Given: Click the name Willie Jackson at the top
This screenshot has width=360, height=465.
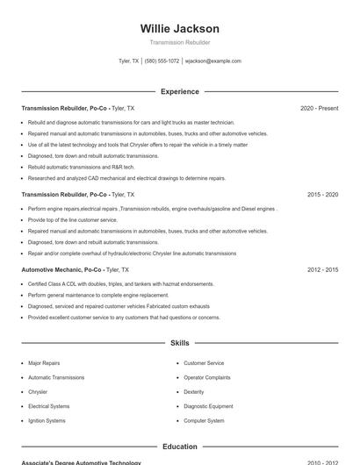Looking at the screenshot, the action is (179, 29).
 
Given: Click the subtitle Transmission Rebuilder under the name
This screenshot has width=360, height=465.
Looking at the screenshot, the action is (179, 42).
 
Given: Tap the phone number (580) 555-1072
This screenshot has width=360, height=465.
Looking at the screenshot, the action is (162, 61).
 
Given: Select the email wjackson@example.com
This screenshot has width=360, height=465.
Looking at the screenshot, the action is (212, 61).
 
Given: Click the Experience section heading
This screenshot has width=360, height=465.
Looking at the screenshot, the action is (179, 91).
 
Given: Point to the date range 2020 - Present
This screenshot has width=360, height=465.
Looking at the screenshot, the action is (319, 108).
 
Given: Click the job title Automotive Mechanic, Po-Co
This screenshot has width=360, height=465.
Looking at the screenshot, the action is (64, 270).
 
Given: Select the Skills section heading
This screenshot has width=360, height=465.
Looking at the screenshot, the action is (179, 343).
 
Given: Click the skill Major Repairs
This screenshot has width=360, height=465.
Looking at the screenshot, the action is (44, 362).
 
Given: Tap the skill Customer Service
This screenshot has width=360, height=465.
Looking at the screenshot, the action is (204, 362).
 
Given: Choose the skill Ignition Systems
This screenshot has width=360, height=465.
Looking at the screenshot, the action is (47, 420).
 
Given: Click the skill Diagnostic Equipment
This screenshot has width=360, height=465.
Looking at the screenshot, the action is (208, 406).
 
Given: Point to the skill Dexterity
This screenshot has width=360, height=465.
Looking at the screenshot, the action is (194, 391).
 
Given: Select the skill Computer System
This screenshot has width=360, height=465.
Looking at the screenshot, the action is (204, 420).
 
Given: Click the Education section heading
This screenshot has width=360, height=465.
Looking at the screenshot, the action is (179, 447).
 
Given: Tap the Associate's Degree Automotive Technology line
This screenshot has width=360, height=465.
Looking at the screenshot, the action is (81, 462).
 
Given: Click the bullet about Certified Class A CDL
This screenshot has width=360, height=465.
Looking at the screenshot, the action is (120, 284).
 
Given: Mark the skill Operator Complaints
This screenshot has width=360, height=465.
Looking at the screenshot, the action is (207, 377).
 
